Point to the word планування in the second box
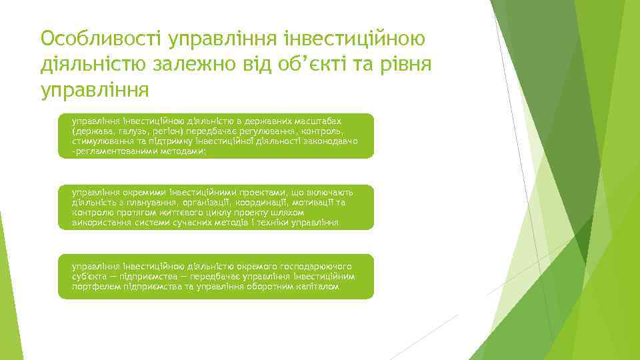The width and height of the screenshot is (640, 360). point(150,202)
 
